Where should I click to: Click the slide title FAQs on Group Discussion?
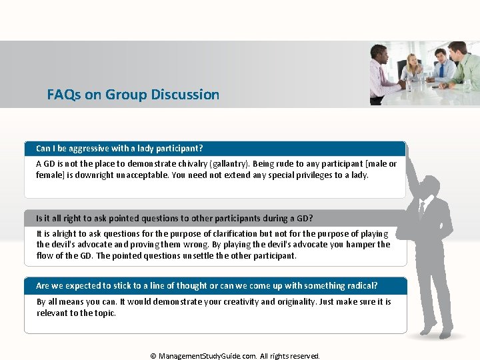(x=133, y=95)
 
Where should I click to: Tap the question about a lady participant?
(x=119, y=148)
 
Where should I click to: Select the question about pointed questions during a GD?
(x=174, y=218)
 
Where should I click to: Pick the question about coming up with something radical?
(x=207, y=285)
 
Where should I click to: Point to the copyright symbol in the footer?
(x=153, y=356)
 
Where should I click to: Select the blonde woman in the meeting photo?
(x=411, y=69)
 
